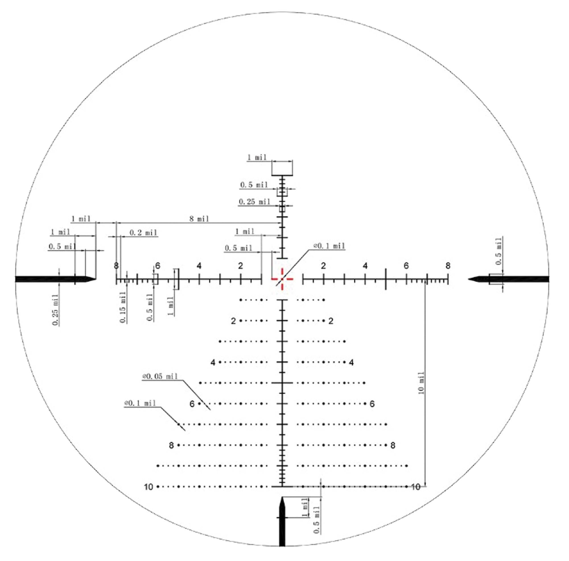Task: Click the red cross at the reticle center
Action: [282, 279]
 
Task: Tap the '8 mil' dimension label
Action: [199, 219]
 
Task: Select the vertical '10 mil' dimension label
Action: [421, 383]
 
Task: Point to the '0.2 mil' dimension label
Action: [143, 233]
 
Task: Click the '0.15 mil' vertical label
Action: [123, 307]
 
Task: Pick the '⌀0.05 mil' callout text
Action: [160, 376]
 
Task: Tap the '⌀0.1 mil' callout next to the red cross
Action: [329, 246]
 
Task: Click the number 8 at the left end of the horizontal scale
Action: [116, 265]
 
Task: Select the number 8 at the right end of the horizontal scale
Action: [448, 265]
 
